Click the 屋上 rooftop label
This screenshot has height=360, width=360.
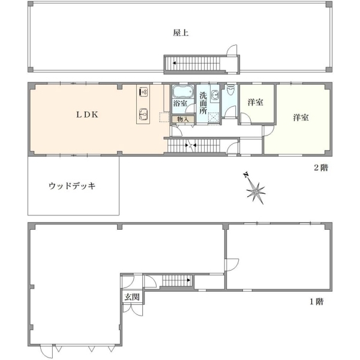click(x=181, y=33)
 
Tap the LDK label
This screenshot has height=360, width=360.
click(x=87, y=115)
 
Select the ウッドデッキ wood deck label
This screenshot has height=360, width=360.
click(x=72, y=186)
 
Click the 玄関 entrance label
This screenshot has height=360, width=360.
click(x=132, y=297)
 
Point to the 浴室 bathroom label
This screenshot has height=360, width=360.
click(x=180, y=103)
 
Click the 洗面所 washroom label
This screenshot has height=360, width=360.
click(x=203, y=103)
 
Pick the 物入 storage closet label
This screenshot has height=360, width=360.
click(x=183, y=119)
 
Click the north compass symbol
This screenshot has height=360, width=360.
click(x=254, y=188)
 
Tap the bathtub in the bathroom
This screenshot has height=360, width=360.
click(x=182, y=91)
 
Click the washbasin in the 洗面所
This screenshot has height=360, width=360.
click(x=215, y=95)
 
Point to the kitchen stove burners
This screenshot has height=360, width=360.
click(x=143, y=92)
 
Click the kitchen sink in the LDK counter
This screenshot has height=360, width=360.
click(x=143, y=113)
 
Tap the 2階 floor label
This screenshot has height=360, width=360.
click(x=321, y=168)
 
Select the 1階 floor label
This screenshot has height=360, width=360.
click(x=317, y=301)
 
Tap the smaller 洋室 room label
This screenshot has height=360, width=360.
click(x=256, y=103)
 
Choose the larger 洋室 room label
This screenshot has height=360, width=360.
click(x=301, y=118)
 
